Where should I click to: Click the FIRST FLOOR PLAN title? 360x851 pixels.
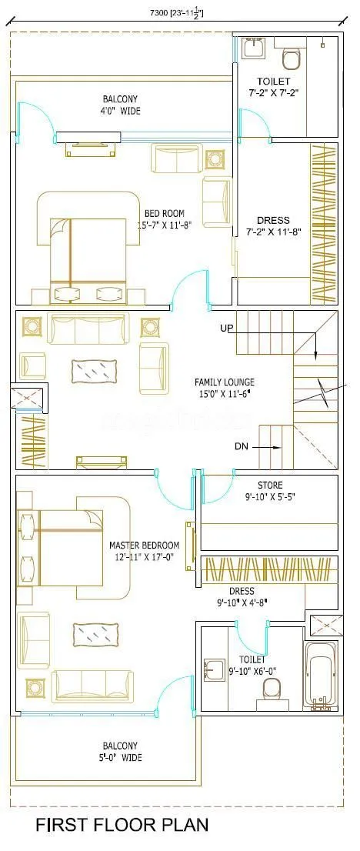click(122, 826)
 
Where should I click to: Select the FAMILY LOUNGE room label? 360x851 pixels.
click(225, 382)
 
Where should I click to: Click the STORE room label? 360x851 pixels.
click(269, 486)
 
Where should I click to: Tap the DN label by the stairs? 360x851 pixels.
click(242, 446)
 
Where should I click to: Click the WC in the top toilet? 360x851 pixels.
click(292, 56)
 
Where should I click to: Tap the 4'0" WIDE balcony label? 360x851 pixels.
click(122, 110)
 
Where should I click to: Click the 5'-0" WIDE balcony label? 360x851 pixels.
click(122, 757)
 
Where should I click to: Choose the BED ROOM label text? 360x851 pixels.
click(164, 213)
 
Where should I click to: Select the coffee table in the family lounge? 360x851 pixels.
click(95, 371)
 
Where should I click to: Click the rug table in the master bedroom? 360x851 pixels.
click(95, 635)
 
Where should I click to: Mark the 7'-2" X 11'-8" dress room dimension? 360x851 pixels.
click(273, 232)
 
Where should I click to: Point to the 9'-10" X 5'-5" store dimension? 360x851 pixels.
click(269, 496)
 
